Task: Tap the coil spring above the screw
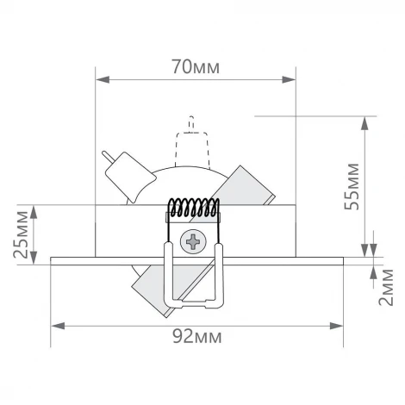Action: tap(193, 209)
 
